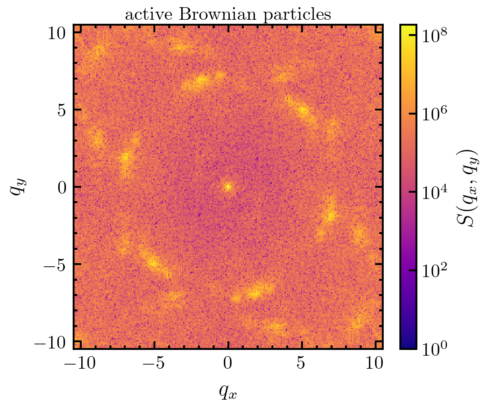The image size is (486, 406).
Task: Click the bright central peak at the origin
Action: coord(228,186)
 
